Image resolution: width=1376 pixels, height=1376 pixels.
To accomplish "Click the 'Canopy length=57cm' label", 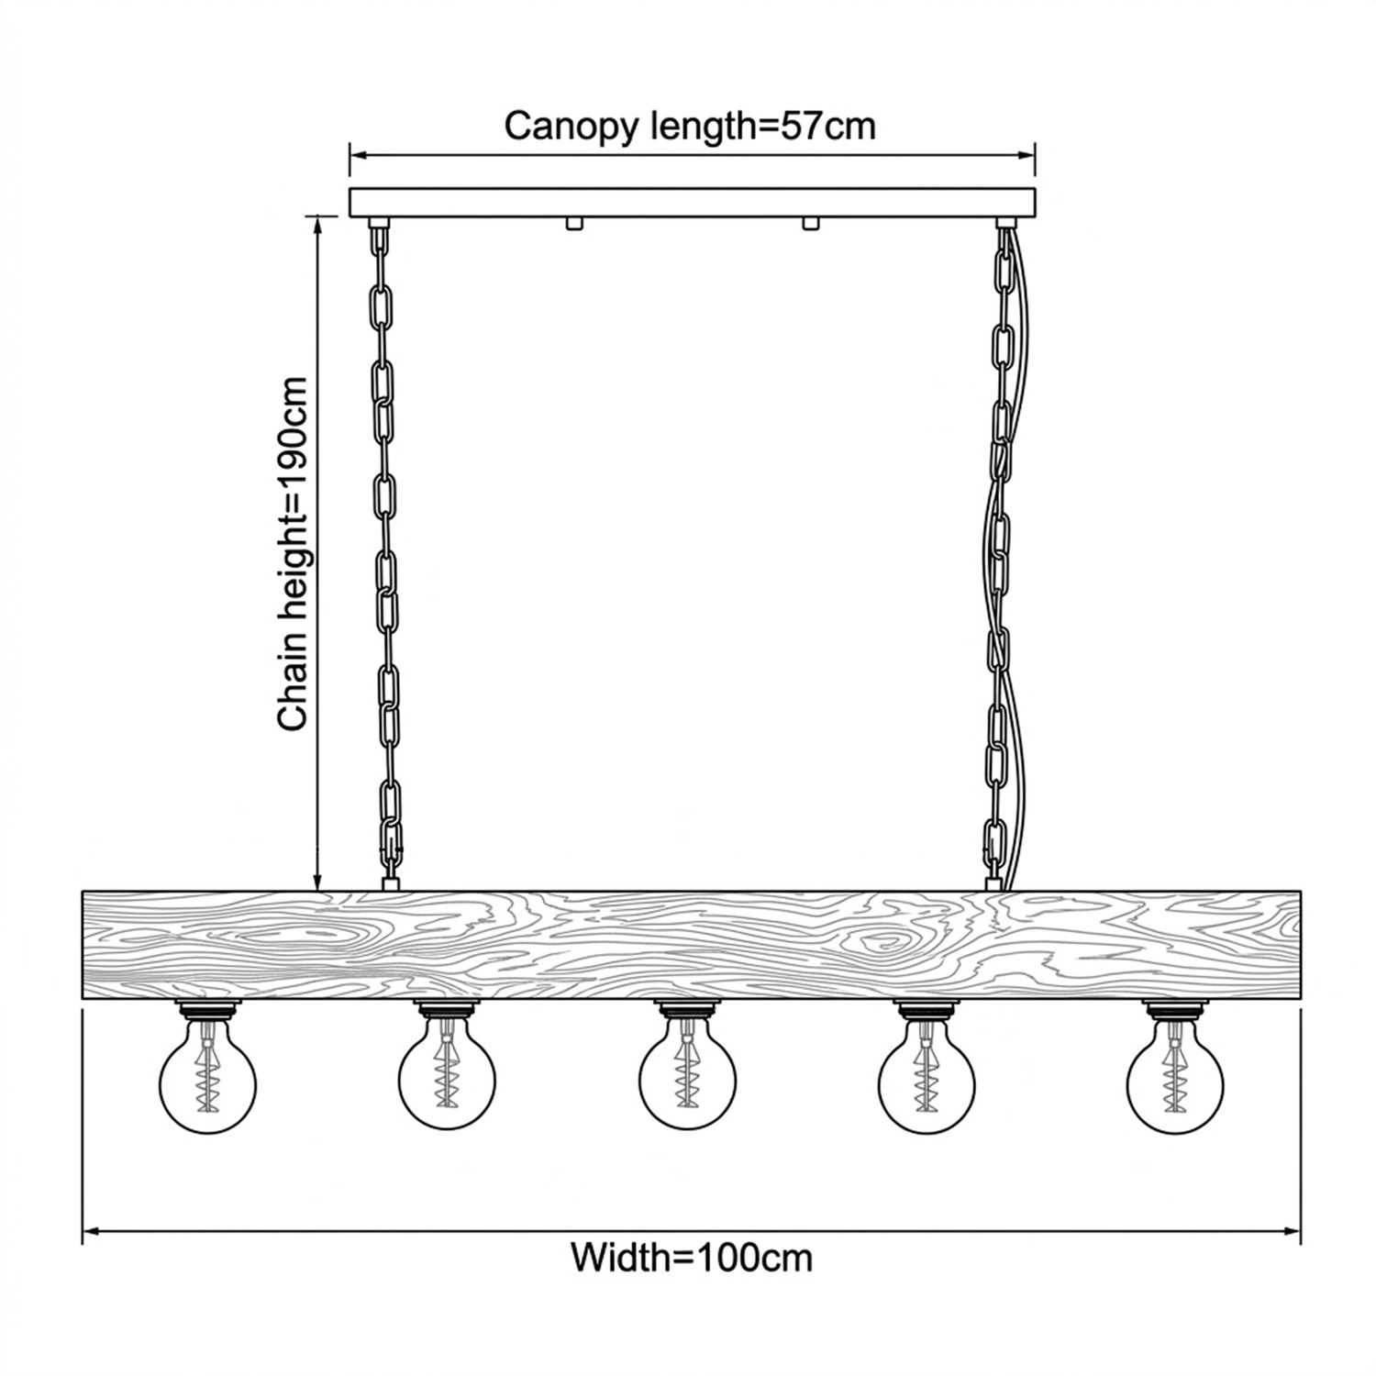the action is click(690, 126).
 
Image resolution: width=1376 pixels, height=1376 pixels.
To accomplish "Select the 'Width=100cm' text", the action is click(692, 1256).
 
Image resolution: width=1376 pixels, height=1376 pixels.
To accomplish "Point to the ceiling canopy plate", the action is click(693, 203).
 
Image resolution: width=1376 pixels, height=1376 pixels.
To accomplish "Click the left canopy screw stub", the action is click(574, 224).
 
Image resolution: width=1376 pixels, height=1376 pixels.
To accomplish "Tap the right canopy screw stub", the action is click(809, 224).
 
